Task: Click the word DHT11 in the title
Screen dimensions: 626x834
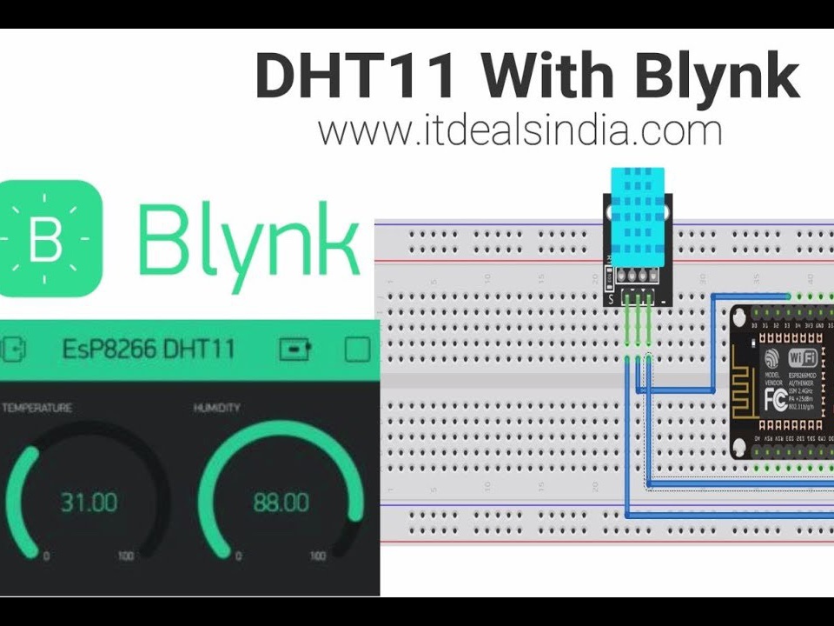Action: (356, 76)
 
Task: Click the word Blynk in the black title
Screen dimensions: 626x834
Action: (717, 76)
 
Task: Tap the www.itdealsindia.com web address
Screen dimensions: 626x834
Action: (520, 130)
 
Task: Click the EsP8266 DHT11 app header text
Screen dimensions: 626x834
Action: (149, 350)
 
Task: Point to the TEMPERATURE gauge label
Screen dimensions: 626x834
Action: (36, 408)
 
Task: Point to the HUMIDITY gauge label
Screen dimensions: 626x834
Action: (217, 408)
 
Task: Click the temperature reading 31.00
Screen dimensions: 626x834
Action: (89, 503)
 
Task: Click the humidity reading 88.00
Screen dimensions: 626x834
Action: (281, 503)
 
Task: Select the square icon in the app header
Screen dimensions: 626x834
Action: (357, 350)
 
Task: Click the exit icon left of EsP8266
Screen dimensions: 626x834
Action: (12, 350)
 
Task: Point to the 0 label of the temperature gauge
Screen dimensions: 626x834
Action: (46, 556)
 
